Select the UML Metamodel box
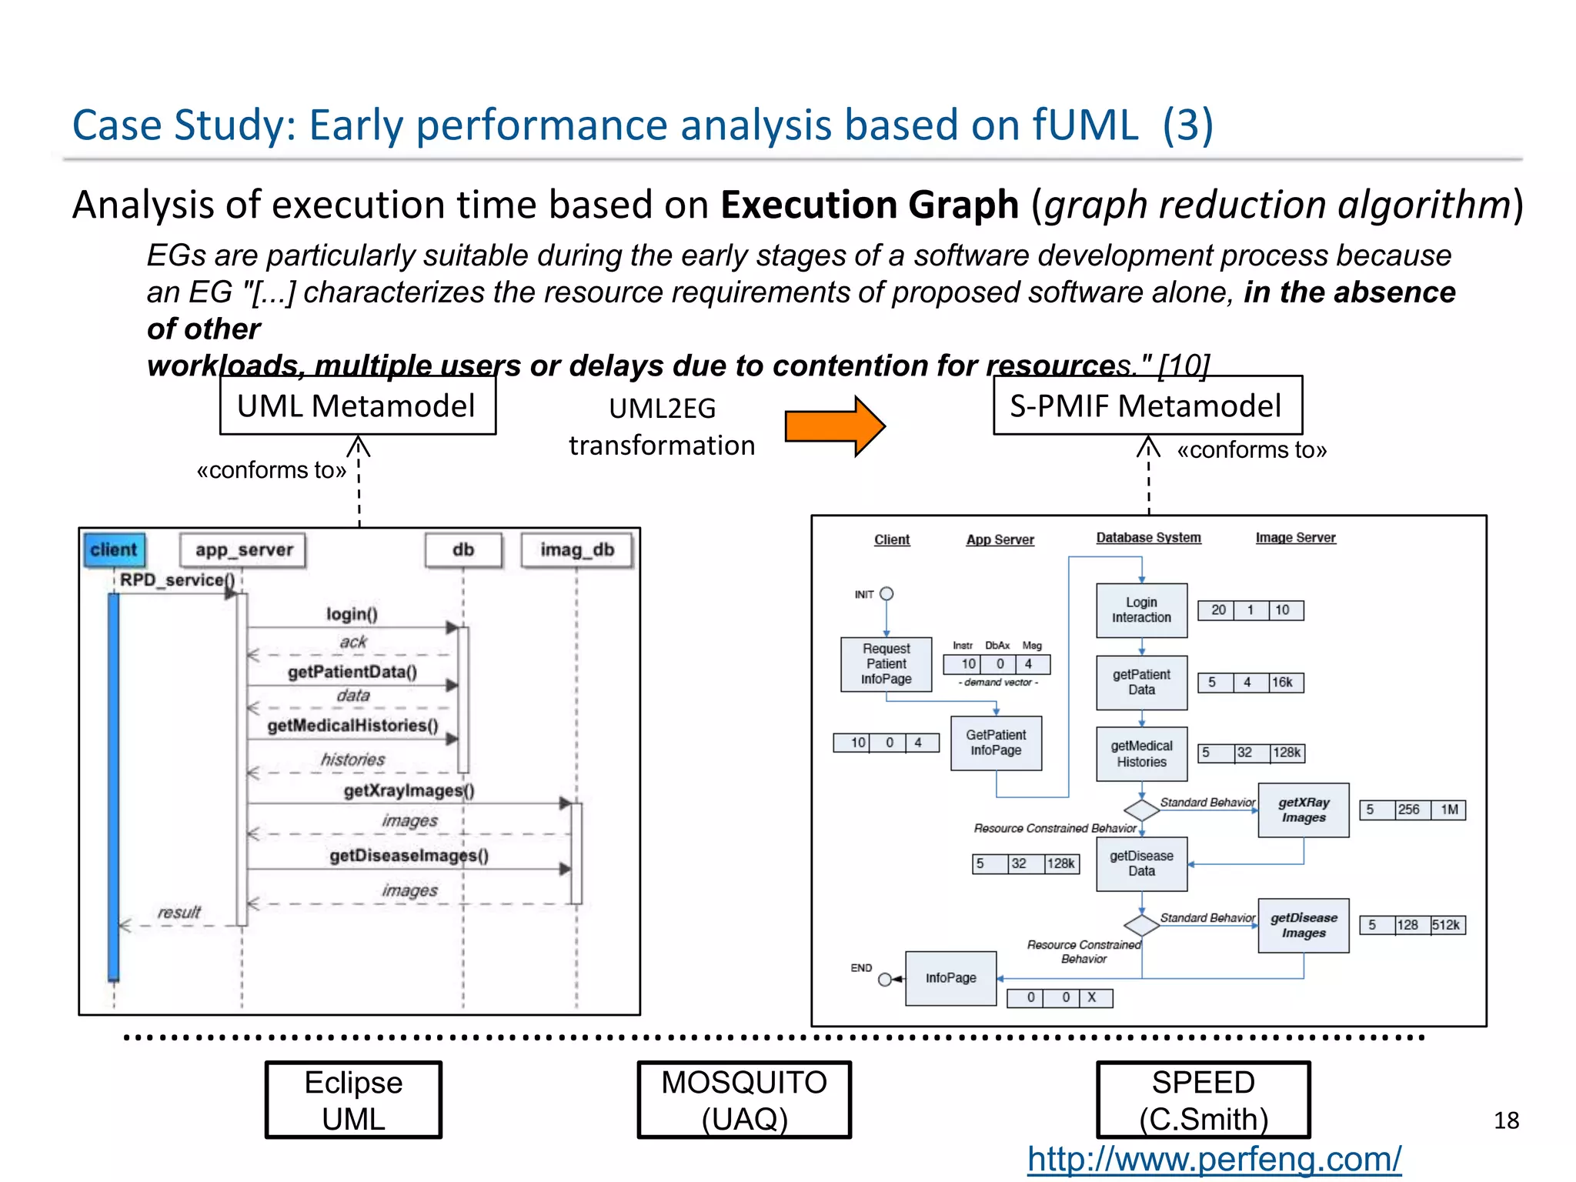pyautogui.click(x=357, y=406)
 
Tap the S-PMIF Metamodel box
pyautogui.click(x=1147, y=406)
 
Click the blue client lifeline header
pyautogui.click(x=114, y=549)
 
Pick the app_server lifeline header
pyautogui.click(x=243, y=549)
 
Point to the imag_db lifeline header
pyautogui.click(x=576, y=549)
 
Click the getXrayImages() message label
pyautogui.click(x=409, y=790)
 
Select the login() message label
pyautogui.click(x=352, y=613)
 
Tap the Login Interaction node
pyautogui.click(x=1141, y=610)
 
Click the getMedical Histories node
pyautogui.click(x=1141, y=754)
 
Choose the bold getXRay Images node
pyautogui.click(x=1303, y=810)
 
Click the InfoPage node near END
pyautogui.click(x=950, y=977)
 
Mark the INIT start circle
pyautogui.click(x=886, y=593)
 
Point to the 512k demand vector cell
pyautogui.click(x=1447, y=925)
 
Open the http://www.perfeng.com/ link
pyautogui.click(x=1214, y=1159)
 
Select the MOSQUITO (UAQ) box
pyautogui.click(x=744, y=1100)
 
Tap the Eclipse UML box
pyautogui.click(x=353, y=1100)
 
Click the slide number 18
pyautogui.click(x=1506, y=1120)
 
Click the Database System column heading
pyautogui.click(x=1148, y=538)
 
